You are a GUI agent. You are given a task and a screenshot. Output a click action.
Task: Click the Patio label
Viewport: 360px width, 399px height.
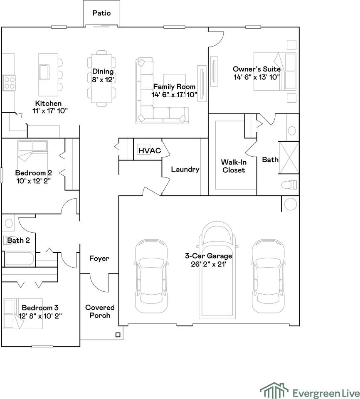click(101, 13)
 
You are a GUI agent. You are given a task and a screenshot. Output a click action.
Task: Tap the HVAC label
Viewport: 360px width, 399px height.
click(150, 150)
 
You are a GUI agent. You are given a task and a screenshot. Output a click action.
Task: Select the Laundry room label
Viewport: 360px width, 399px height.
click(185, 170)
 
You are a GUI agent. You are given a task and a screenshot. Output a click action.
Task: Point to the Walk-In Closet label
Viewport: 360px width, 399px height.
click(234, 166)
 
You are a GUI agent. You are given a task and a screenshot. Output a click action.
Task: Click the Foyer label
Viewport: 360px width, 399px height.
click(99, 259)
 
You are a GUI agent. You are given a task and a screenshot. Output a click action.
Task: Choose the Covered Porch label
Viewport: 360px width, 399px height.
click(100, 311)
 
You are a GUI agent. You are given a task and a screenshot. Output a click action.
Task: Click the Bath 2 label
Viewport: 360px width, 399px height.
click(18, 240)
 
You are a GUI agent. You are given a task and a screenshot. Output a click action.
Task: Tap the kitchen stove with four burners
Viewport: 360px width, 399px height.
click(9, 83)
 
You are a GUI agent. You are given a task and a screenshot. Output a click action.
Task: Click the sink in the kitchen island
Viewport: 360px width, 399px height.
click(44, 72)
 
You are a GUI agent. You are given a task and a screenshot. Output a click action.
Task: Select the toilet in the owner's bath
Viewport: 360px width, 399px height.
click(289, 185)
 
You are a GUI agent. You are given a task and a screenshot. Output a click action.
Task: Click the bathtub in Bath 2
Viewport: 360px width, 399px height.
click(20, 259)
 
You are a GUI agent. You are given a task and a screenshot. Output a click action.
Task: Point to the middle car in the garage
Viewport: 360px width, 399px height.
click(217, 270)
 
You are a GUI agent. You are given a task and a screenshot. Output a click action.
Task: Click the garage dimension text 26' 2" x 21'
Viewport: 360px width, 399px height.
click(209, 264)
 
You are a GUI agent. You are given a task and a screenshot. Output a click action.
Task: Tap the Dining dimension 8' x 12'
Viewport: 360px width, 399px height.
click(103, 80)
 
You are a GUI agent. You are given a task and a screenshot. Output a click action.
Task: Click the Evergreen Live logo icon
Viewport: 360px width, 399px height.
click(274, 391)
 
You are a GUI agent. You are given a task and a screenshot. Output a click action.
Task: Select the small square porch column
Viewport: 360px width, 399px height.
click(118, 335)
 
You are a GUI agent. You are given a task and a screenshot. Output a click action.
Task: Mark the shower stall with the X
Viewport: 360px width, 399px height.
click(289, 158)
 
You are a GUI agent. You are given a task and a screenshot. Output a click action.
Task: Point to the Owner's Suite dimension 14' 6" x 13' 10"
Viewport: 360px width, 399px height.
click(256, 77)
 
